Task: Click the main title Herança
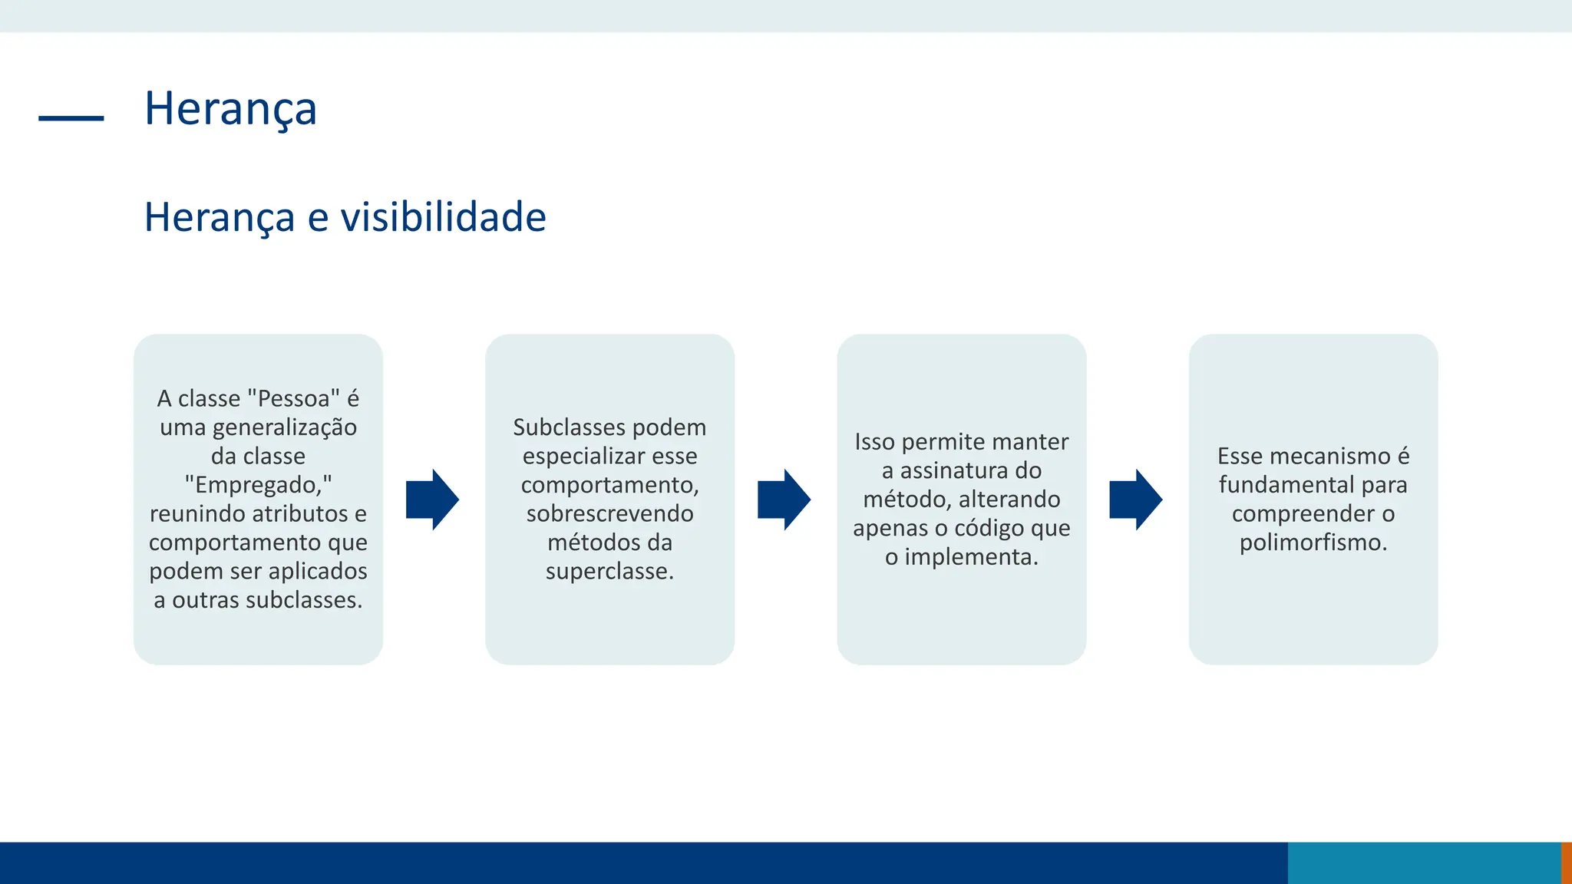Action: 230,109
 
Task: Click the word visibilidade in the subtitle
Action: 443,217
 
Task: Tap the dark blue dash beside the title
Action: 71,118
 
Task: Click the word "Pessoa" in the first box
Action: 294,399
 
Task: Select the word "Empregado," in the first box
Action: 258,485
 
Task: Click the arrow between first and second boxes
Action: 432,500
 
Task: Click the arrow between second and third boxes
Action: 784,500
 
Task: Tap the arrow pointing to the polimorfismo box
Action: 1135,500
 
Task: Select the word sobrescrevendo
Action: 609,513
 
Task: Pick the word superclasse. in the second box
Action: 609,571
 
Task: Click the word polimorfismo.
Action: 1313,543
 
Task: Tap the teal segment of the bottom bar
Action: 1424,863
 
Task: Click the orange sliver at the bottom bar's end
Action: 1567,863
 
